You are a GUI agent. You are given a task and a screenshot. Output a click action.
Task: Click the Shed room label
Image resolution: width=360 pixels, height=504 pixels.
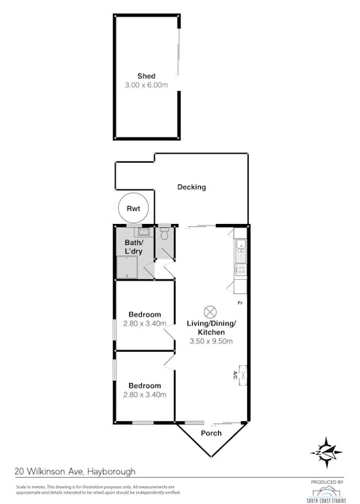146,75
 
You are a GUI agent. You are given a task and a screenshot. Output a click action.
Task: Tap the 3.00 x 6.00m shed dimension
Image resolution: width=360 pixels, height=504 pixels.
146,86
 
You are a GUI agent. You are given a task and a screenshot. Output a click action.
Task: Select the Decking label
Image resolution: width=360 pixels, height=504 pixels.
191,187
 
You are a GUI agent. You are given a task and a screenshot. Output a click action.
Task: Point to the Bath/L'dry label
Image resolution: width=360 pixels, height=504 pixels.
134,246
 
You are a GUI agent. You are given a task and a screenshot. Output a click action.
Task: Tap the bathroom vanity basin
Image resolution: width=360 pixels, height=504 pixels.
139,233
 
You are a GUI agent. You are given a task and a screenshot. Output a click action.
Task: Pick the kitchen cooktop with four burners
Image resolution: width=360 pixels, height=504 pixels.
240,270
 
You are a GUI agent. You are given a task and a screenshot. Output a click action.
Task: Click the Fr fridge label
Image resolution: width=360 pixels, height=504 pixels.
240,303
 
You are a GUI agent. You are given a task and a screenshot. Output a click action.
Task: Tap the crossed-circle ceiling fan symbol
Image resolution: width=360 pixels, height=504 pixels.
211,311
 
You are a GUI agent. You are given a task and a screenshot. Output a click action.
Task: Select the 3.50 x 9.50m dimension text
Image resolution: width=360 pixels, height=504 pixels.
211,342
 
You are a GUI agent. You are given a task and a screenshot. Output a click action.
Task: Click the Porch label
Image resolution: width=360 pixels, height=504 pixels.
211,432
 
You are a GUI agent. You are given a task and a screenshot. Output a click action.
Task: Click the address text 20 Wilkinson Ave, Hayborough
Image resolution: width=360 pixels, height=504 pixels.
66,471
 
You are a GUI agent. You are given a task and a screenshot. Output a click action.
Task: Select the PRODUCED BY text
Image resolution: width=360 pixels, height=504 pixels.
326,482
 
